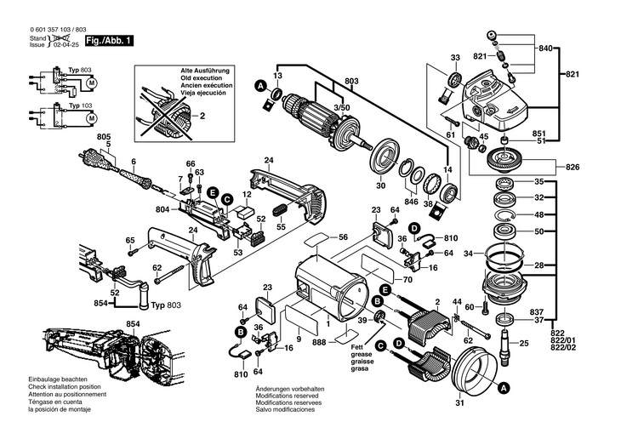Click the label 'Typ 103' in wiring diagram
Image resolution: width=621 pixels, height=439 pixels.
[x=81, y=105]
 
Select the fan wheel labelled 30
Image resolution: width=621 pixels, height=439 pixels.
[x=387, y=162]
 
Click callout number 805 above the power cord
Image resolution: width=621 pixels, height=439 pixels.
[x=104, y=137]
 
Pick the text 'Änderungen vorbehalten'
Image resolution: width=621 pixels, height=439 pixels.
[x=286, y=389]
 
